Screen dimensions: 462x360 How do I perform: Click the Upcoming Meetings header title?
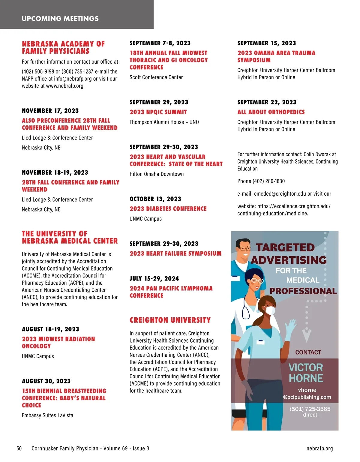point(60,19)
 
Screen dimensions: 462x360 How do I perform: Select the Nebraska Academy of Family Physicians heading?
point(63,47)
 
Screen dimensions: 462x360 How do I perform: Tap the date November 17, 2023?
point(50,111)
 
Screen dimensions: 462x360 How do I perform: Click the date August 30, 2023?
point(46,381)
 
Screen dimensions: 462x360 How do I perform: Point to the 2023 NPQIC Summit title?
point(158,112)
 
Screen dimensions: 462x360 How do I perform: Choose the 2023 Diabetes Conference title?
point(168,209)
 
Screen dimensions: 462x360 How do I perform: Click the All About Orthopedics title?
point(271,112)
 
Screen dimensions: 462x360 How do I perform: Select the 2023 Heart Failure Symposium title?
point(175,253)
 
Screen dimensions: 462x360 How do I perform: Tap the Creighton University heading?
point(170,320)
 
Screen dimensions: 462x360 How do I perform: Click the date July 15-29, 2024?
point(154,279)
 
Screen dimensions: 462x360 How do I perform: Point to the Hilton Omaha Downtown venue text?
point(157,174)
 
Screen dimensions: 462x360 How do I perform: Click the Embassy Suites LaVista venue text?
point(47,415)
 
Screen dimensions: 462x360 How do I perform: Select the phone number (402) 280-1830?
point(261,181)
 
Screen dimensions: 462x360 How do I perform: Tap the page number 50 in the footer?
point(19,448)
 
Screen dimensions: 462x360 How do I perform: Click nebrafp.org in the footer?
point(319,448)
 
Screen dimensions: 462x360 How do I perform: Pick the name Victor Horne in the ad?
point(306,373)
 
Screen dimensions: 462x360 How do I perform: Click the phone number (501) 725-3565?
point(310,409)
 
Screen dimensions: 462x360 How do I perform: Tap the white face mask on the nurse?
point(270,310)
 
